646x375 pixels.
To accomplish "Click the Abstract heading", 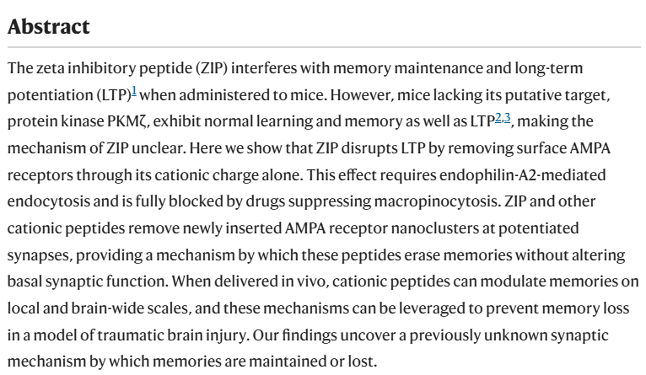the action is pos(49,27).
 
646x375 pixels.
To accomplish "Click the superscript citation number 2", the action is pos(498,118).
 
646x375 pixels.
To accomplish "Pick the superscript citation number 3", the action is pos(507,118).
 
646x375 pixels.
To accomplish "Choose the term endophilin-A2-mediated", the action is pos(522,175).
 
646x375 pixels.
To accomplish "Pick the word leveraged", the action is pos(430,308).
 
